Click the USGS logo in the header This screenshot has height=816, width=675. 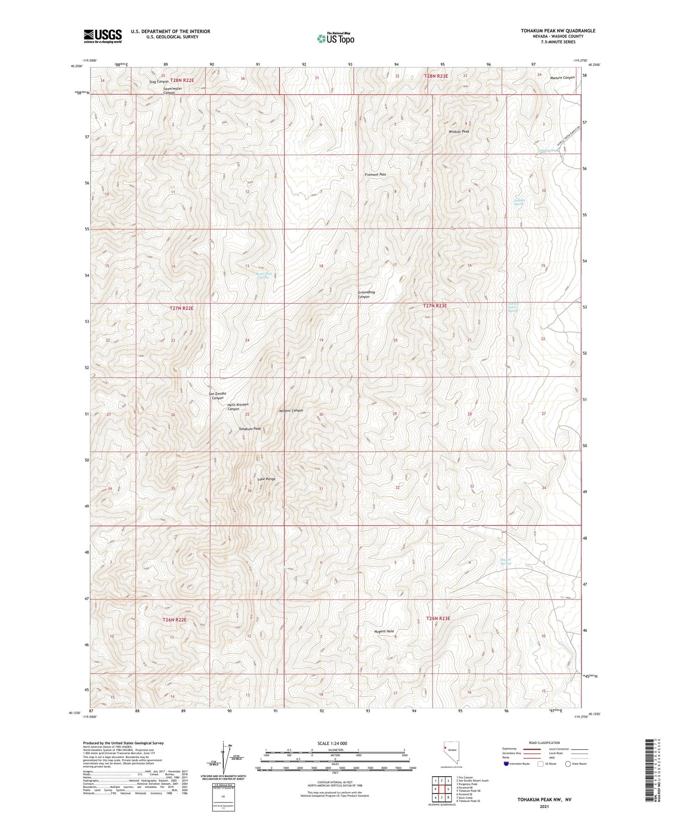coord(103,36)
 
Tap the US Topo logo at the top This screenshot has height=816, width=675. coord(335,38)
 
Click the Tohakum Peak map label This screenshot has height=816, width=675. coord(250,429)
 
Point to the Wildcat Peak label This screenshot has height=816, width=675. coord(459,132)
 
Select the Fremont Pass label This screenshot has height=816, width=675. coord(375,174)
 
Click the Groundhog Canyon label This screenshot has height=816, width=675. coord(366,294)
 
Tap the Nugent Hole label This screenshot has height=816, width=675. coord(384,631)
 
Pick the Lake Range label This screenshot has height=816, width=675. coord(266,479)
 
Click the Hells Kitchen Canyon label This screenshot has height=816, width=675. coord(237,407)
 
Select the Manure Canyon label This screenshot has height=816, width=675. coord(562,78)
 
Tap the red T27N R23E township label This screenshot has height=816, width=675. coord(435,306)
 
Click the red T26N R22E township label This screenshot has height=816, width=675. coord(174,620)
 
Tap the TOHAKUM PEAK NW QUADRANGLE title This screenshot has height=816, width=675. coord(558,31)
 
